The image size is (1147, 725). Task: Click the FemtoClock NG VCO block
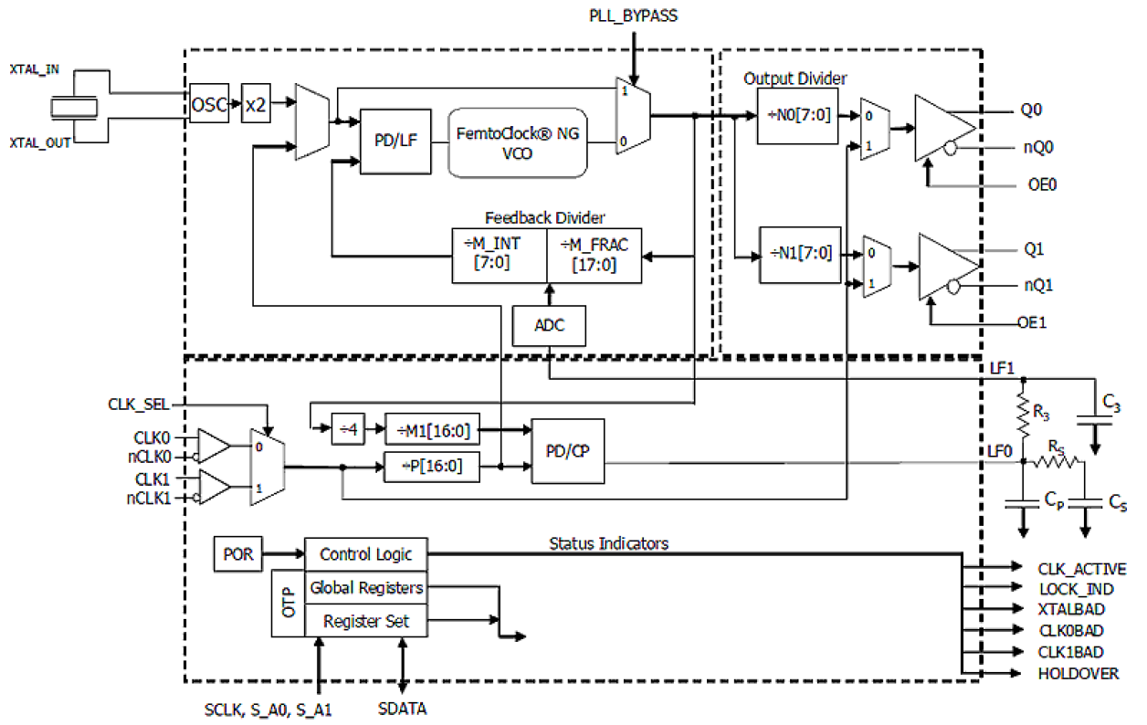point(517,142)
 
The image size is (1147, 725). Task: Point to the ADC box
point(548,326)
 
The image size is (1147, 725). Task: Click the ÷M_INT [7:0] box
point(500,255)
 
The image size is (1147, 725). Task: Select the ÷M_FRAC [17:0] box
point(594,255)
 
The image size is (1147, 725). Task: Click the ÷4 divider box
point(347,428)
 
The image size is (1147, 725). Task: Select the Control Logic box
point(365,554)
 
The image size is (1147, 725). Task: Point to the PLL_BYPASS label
point(634,16)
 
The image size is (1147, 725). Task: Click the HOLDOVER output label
point(1078,674)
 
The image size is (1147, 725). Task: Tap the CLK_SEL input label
point(138,403)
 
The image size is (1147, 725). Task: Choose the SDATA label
point(402,709)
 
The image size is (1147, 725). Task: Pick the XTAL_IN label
point(34,69)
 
